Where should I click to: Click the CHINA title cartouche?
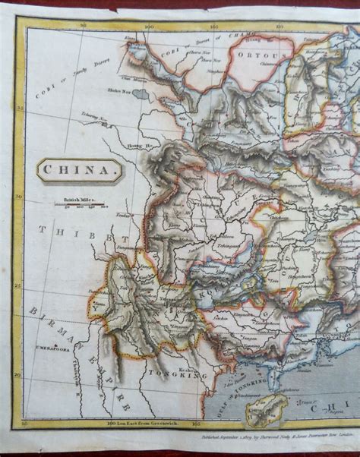[79, 171]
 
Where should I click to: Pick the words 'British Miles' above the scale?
[79, 199]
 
